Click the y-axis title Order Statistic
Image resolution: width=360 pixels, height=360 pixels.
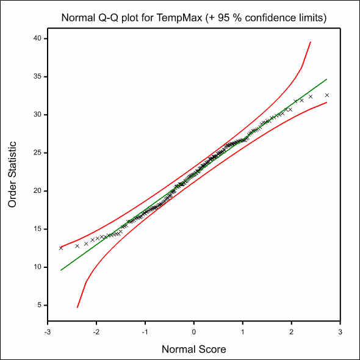pos(12,175)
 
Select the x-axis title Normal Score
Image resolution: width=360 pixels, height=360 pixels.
pos(193,349)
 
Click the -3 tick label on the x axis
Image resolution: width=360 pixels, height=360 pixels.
pos(48,332)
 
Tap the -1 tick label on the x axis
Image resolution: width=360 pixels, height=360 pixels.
pos(145,332)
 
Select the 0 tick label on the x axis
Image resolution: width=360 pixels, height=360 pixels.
pos(194,332)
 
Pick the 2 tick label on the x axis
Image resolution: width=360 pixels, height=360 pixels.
pos(291,332)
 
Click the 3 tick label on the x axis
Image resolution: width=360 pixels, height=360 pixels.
pos(340,332)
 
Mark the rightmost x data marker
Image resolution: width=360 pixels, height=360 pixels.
pos(327,95)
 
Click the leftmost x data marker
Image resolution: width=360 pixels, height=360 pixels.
pos(60,248)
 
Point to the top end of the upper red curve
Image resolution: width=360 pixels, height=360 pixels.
pos(311,42)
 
